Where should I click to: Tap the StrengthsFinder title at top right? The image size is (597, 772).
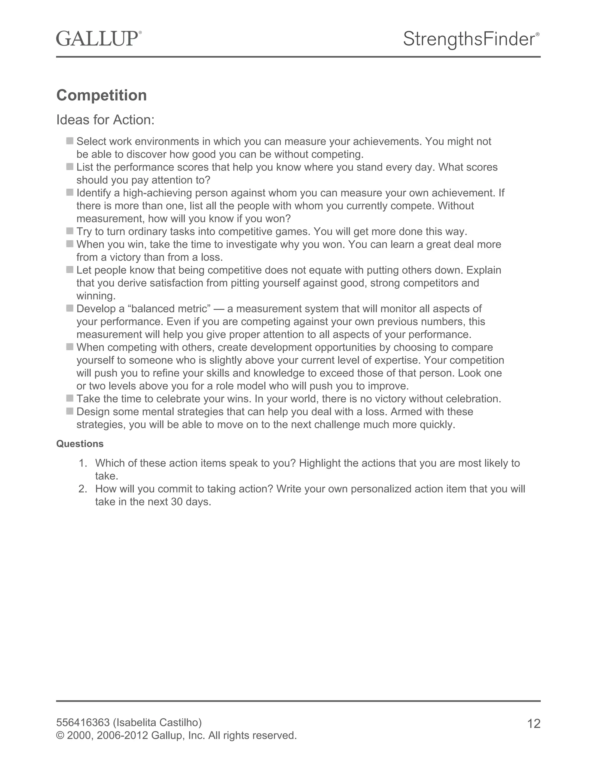click(x=471, y=39)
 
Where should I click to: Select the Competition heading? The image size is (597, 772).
click(x=101, y=96)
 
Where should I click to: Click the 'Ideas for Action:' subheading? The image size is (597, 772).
click(x=106, y=120)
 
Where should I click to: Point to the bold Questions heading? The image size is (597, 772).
click(x=80, y=444)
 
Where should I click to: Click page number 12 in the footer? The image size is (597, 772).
click(x=534, y=724)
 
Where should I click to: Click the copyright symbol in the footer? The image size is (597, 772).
click(x=60, y=736)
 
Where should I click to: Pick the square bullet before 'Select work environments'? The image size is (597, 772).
click(x=70, y=141)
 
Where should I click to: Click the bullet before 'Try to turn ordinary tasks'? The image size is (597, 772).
click(x=70, y=231)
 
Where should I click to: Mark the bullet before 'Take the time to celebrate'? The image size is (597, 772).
click(x=70, y=398)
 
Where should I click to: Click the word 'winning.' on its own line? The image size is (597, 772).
click(x=96, y=296)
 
